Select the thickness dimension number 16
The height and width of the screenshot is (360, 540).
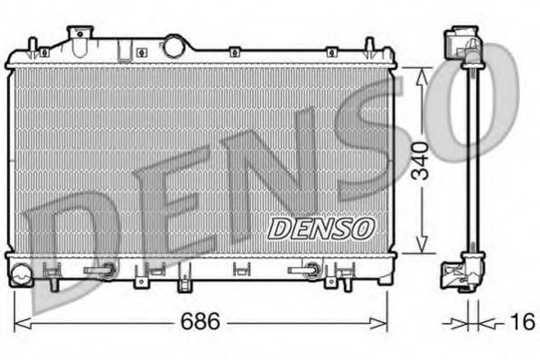pyautogui.click(x=518, y=322)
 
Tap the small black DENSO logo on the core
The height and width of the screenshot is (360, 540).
pyautogui.click(x=320, y=228)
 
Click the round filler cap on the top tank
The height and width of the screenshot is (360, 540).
pyautogui.click(x=173, y=45)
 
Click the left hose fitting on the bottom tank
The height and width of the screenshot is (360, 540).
pyautogui.click(x=99, y=269)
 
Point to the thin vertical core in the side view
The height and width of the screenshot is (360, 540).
pyautogui.click(x=467, y=162)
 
